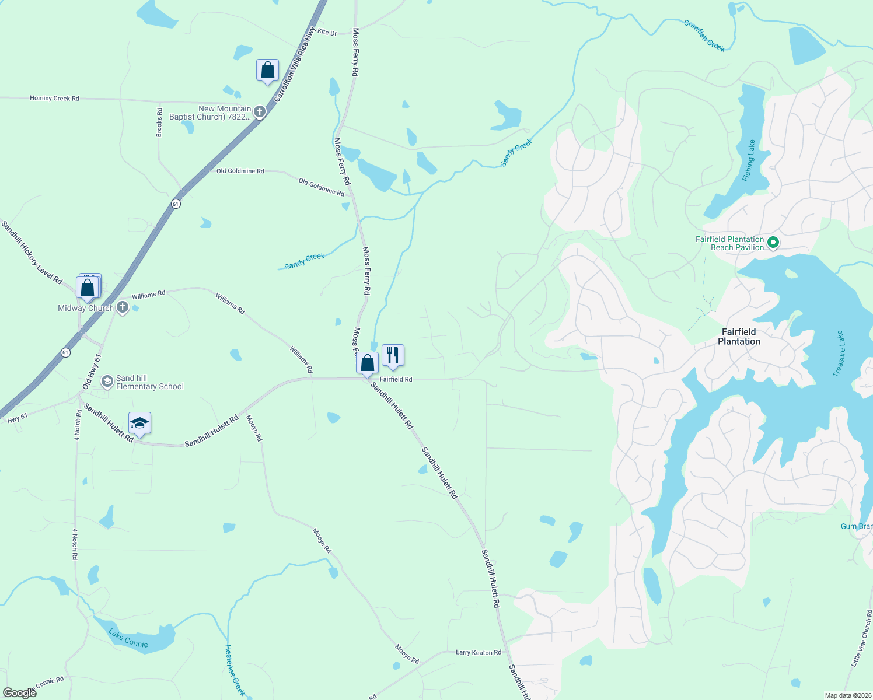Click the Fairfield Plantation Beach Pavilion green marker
pyautogui.click(x=773, y=242)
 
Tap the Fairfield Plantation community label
pyautogui.click(x=739, y=337)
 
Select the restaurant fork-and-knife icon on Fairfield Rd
pyautogui.click(x=393, y=355)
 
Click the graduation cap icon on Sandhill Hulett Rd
pyautogui.click(x=139, y=423)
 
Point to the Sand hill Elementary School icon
pyautogui.click(x=107, y=381)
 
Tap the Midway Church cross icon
pyautogui.click(x=122, y=307)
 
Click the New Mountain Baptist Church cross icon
pyautogui.click(x=260, y=112)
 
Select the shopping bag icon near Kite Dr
pyautogui.click(x=267, y=71)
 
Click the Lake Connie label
pyautogui.click(x=128, y=639)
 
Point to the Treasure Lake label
pyautogui.click(x=839, y=353)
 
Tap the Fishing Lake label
pyautogui.click(x=749, y=160)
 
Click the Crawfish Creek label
pyautogui.click(x=704, y=36)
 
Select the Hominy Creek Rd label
pyautogui.click(x=54, y=99)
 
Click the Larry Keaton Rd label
pyautogui.click(x=478, y=652)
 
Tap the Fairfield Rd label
pyautogui.click(x=396, y=379)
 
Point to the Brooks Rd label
pyautogui.click(x=159, y=123)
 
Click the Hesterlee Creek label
pyautogui.click(x=235, y=670)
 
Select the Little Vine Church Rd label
pyautogui.click(x=861, y=638)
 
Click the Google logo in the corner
pyautogui.click(x=19, y=692)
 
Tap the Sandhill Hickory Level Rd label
pyautogui.click(x=32, y=253)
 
